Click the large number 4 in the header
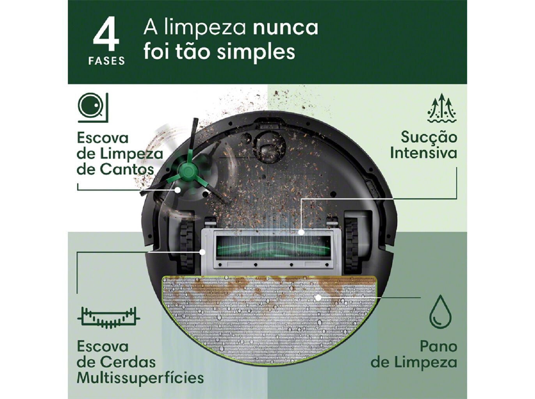[106, 37]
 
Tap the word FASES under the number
[106, 61]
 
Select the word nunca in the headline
[285, 28]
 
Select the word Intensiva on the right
[423, 153]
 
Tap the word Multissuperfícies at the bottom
[140, 378]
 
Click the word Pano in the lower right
[438, 346]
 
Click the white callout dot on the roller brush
[301, 232]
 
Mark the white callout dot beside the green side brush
[178, 190]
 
